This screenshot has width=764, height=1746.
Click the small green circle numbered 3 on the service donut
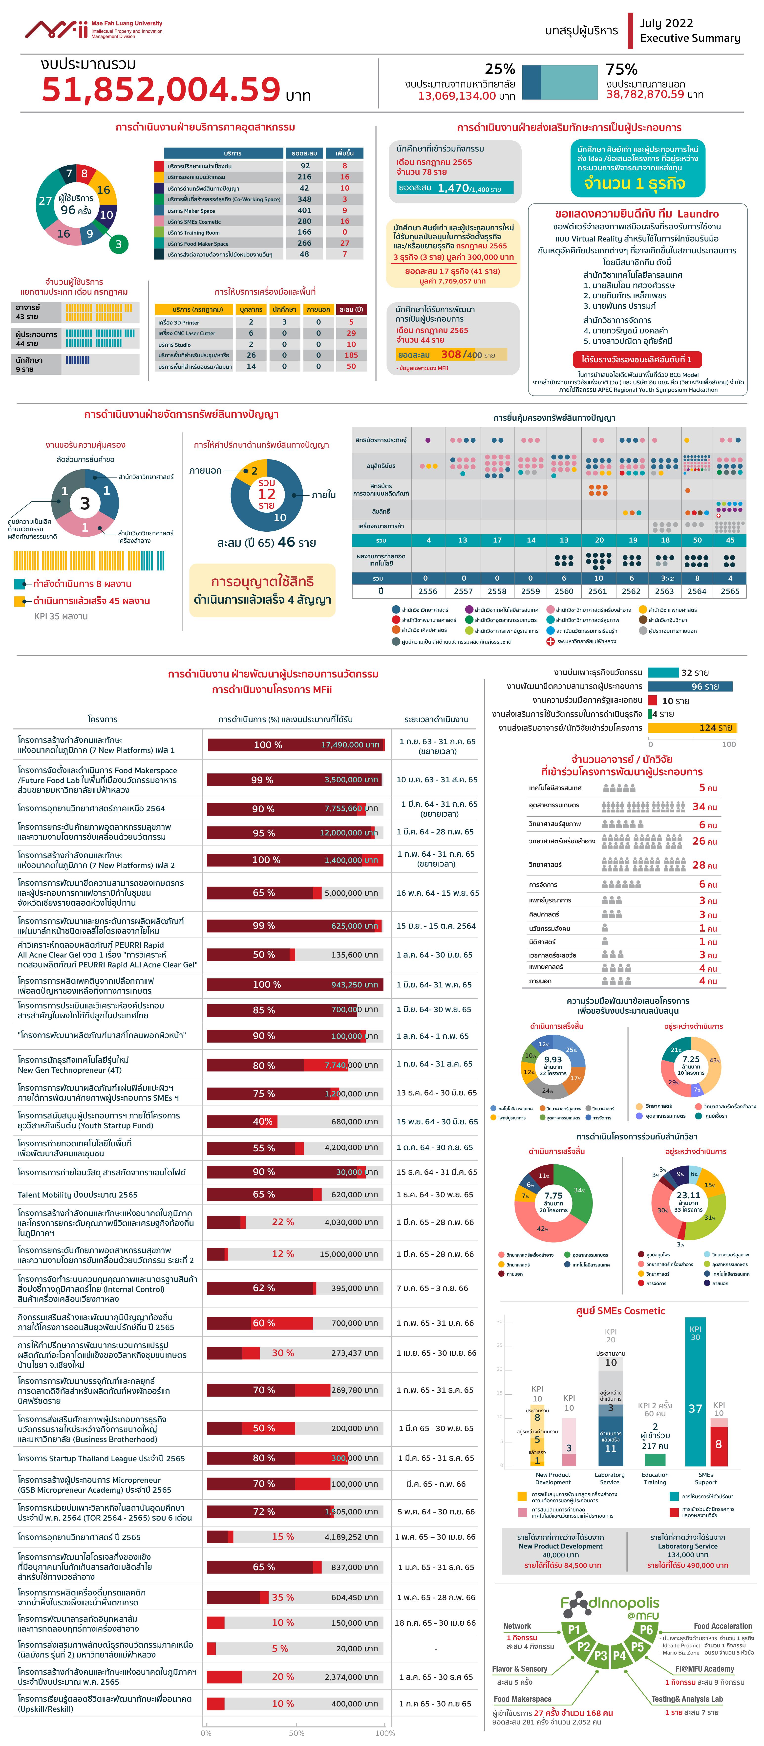click(x=119, y=244)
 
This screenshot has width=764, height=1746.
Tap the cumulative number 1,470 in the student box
click(x=453, y=188)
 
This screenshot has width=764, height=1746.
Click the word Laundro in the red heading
click(x=698, y=214)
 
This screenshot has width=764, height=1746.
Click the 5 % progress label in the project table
click(x=280, y=1648)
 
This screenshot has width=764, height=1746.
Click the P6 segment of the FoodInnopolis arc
click(x=646, y=1629)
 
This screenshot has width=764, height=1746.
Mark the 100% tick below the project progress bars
click(x=385, y=1733)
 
